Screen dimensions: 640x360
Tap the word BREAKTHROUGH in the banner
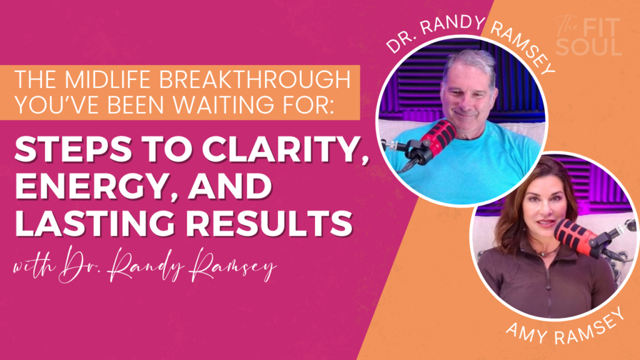point(255,79)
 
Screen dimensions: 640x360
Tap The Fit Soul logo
point(589,36)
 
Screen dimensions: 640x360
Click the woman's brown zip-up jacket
point(543,282)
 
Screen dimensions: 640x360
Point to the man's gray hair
point(469,61)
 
